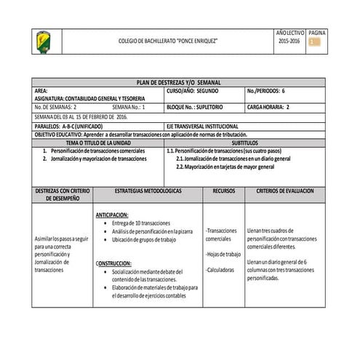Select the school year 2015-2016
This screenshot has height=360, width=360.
pos(289,42)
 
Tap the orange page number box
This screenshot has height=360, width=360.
pos(314,42)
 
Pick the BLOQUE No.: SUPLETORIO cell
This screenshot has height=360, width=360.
pos(194,107)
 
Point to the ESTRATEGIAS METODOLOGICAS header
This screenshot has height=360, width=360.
pos(148,190)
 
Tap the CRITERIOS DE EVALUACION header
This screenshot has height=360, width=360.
pos(285,190)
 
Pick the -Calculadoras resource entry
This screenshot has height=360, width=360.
pos(223,269)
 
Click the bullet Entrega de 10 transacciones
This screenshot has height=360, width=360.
pos(141,223)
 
